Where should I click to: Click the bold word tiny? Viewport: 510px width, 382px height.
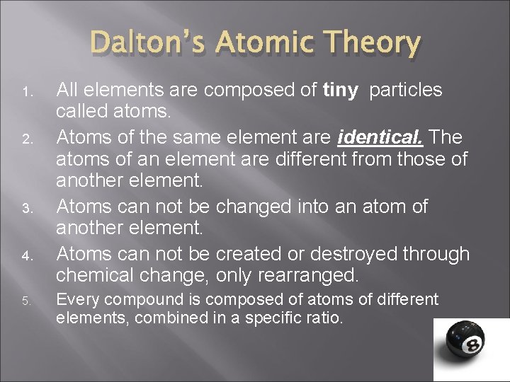coord(340,91)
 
